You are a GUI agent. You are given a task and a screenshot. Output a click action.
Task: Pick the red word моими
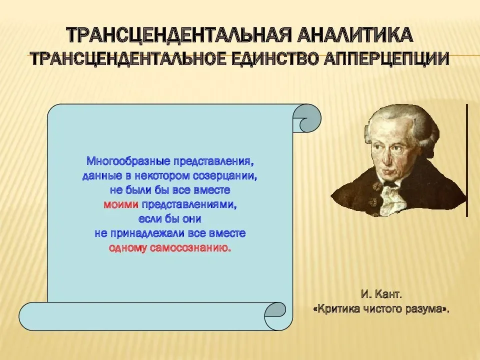121,204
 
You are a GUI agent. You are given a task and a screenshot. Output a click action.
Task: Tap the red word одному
126,247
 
